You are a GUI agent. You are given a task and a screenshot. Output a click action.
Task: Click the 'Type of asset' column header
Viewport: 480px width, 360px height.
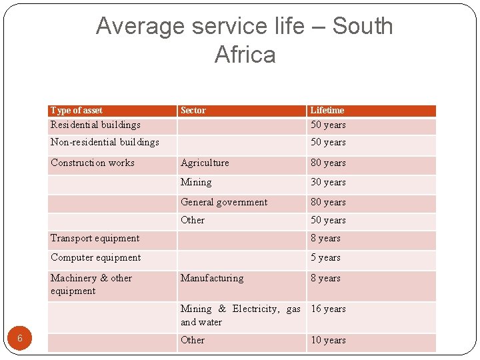pos(77,111)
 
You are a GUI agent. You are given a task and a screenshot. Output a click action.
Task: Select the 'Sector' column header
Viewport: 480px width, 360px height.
pos(193,111)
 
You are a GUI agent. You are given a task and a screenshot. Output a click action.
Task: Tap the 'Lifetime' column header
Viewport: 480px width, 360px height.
pos(327,111)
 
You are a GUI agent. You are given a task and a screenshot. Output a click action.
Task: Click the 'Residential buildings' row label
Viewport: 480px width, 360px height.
pos(95,125)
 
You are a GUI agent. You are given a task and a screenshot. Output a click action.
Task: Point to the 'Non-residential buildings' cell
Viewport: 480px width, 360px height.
pos(105,142)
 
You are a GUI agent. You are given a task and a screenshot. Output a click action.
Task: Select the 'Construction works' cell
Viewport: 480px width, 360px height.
pos(93,163)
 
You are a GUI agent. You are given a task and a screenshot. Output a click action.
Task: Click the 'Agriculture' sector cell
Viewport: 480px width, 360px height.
pos(205,163)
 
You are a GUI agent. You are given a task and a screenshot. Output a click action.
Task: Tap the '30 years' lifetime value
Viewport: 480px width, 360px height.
pos(328,182)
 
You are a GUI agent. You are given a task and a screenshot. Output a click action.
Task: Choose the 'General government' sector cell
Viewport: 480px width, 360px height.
pos(224,202)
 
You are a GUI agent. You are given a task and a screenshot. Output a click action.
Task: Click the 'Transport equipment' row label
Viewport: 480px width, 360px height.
pos(95,238)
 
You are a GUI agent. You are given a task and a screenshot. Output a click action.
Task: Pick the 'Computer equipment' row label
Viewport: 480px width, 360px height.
pos(96,257)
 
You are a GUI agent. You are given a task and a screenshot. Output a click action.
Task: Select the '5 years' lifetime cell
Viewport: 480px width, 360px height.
pos(325,257)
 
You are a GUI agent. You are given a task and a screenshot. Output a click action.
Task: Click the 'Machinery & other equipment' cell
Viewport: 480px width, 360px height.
pos(91,285)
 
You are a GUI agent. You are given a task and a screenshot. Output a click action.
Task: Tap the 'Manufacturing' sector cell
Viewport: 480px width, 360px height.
pos(212,278)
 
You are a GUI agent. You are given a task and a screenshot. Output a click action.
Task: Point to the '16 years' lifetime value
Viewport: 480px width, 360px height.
pos(328,309)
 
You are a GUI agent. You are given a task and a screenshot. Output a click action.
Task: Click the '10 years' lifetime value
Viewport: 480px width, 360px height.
pos(328,340)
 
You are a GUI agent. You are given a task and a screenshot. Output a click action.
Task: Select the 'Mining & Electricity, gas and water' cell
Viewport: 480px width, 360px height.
pos(240,315)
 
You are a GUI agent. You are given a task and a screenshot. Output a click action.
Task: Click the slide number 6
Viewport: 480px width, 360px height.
pos(20,339)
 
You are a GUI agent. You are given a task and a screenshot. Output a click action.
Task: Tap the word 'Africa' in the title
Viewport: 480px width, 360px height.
pos(245,55)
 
